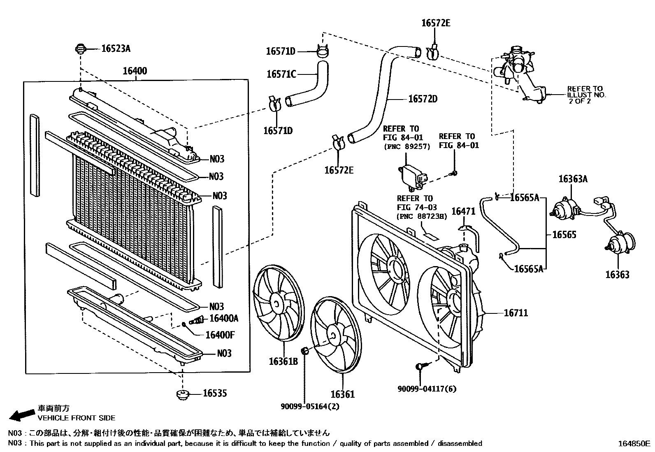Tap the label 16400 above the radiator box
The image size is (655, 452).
[x=135, y=72]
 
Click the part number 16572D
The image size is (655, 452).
[x=423, y=99]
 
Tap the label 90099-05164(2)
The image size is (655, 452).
[x=310, y=406]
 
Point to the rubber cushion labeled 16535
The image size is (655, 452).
[x=181, y=395]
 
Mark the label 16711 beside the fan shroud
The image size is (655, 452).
[x=516, y=313]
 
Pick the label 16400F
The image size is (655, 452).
[x=220, y=335]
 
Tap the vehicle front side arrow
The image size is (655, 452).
[x=21, y=415]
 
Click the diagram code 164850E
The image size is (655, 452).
[x=633, y=444]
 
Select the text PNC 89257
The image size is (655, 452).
[x=406, y=146]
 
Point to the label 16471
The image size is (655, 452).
[x=463, y=212]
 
